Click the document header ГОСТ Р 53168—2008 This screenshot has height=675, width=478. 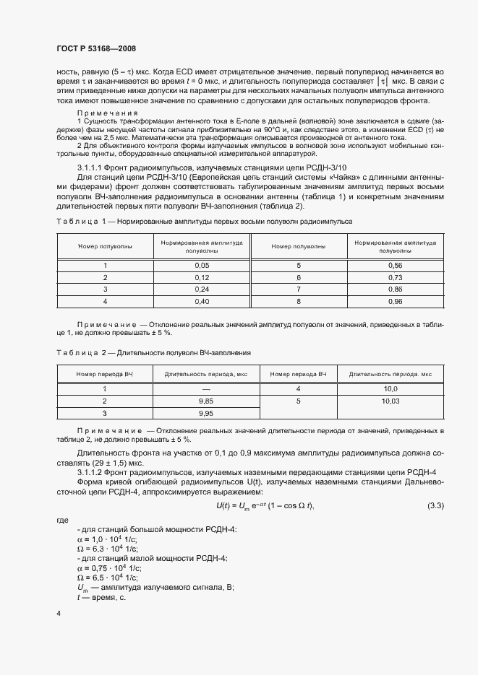click(x=95, y=48)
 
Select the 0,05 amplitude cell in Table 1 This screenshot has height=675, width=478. click(x=202, y=265)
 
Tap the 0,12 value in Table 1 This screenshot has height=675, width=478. click(x=202, y=277)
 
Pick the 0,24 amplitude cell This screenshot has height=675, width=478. click(x=202, y=289)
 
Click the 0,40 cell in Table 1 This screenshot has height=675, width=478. click(x=202, y=301)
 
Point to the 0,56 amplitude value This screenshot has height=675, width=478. click(x=395, y=265)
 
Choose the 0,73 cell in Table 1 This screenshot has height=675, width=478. click(x=395, y=277)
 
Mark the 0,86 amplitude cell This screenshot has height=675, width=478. click(x=395, y=289)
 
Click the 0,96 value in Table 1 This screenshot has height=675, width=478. click(x=395, y=301)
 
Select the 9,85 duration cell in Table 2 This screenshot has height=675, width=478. click(x=206, y=401)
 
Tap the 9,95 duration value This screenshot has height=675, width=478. click(x=206, y=413)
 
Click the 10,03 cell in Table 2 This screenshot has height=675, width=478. click(x=390, y=401)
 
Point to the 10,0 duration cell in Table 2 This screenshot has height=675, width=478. click(x=390, y=388)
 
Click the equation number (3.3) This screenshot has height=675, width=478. click(x=435, y=504)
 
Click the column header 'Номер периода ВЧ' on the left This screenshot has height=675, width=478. click(x=105, y=374)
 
